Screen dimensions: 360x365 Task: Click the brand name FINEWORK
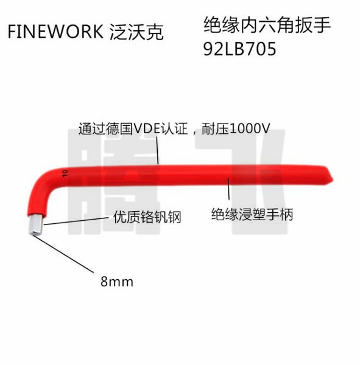coord(55,32)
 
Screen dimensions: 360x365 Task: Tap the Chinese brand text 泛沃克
coord(136,32)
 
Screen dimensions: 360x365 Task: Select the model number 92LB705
coord(239,49)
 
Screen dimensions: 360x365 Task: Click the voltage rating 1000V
coord(249,128)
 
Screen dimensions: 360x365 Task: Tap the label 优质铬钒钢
coord(147,217)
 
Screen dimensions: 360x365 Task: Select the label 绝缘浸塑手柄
coord(252,214)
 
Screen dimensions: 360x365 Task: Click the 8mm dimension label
coord(117,282)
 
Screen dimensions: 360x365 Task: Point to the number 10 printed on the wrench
coord(65,173)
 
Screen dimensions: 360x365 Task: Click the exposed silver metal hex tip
coord(36,224)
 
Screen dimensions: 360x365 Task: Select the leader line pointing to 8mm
coord(63,254)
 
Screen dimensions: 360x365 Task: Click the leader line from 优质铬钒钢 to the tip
coord(76,221)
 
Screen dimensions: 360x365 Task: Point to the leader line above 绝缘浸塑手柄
coord(228,192)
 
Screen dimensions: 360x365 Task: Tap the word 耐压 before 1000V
coord(215,129)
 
